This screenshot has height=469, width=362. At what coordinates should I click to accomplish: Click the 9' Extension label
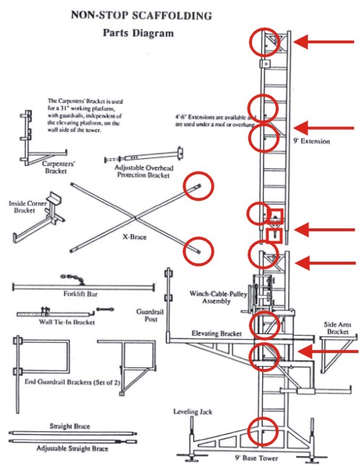(x=311, y=141)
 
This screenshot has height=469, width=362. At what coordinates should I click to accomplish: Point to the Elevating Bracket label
(x=216, y=333)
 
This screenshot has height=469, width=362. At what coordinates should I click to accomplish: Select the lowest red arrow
(x=329, y=352)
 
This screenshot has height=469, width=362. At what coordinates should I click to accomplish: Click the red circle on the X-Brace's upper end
(x=198, y=187)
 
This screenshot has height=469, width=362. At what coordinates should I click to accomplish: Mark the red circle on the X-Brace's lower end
(x=199, y=249)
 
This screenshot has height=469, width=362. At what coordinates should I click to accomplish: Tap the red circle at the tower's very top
(x=264, y=43)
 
